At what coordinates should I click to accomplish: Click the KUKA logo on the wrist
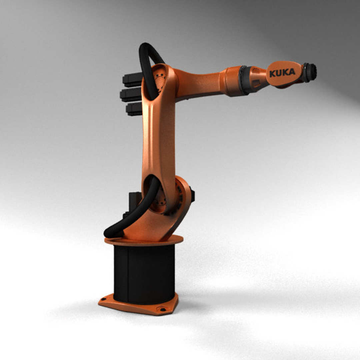[282, 73]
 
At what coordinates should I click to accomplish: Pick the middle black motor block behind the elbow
[130, 94]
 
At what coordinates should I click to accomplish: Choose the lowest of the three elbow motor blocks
[134, 109]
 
